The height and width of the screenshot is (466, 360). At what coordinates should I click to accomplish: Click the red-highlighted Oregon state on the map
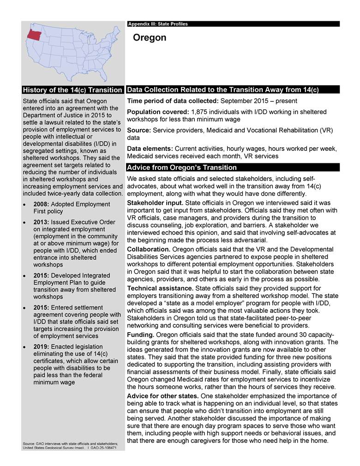pos(34,34)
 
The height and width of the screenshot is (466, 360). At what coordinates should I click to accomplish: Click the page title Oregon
pos(149,38)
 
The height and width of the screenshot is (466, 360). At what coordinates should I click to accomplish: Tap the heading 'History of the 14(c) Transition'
pos(72,90)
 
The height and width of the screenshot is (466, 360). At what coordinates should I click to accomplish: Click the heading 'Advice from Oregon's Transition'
pos(181,167)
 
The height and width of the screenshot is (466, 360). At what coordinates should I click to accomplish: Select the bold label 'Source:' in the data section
pos(139,131)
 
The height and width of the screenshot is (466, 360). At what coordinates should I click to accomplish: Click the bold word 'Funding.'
pos(140,335)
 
